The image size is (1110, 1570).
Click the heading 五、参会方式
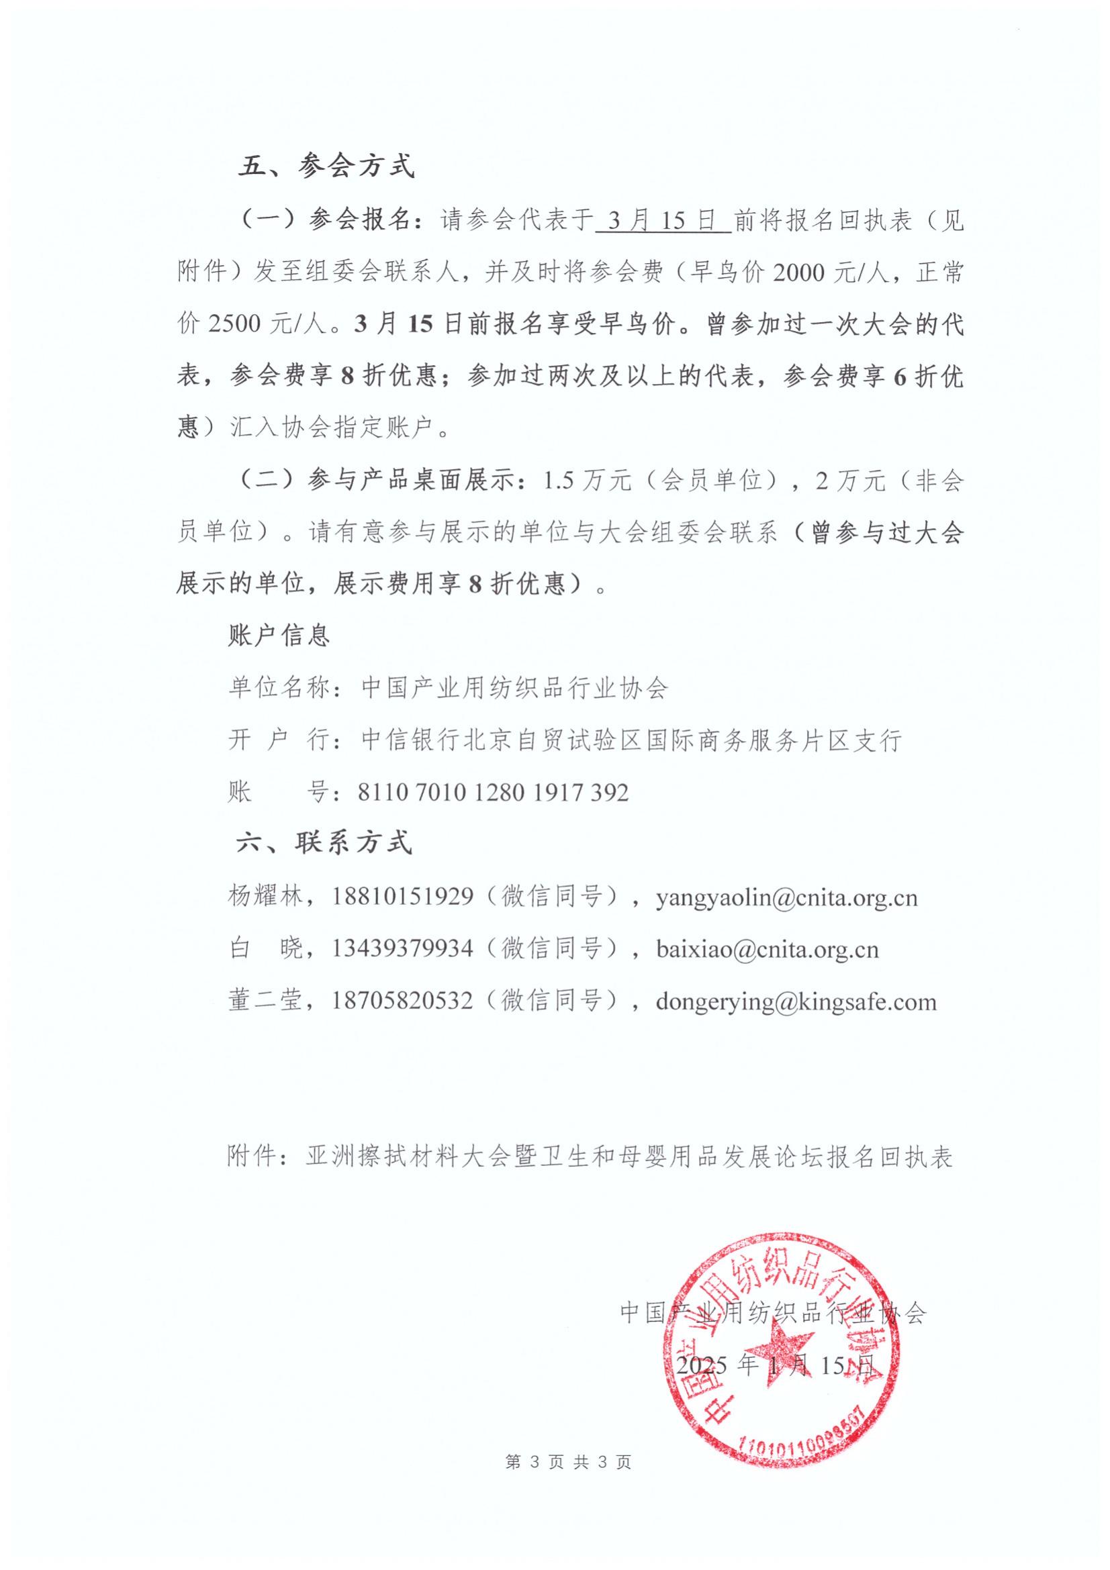[326, 167]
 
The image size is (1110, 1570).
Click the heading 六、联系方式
[324, 842]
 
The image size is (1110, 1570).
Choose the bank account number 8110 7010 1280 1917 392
[492, 792]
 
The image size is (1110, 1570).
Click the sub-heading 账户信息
[279, 636]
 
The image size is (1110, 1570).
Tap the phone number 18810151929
[403, 897]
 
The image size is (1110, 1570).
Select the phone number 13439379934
[403, 948]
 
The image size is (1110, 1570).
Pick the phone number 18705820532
[403, 1001]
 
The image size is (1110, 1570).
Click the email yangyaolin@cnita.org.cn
[786, 897]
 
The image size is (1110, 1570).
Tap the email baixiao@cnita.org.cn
[767, 949]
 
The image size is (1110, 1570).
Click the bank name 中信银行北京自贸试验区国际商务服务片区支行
[631, 740]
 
